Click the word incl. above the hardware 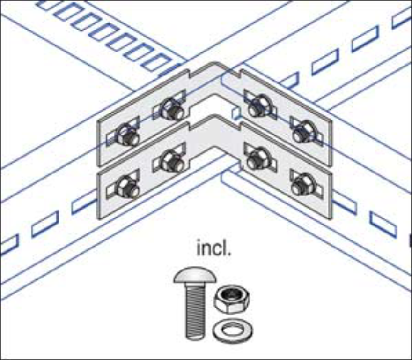point(213,248)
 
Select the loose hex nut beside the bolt point(231,299)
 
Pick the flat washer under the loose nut point(232,330)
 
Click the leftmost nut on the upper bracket point(127,135)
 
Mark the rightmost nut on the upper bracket point(303,133)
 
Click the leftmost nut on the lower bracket point(127,187)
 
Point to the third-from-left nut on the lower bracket point(257,159)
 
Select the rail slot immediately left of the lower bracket point(84,203)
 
